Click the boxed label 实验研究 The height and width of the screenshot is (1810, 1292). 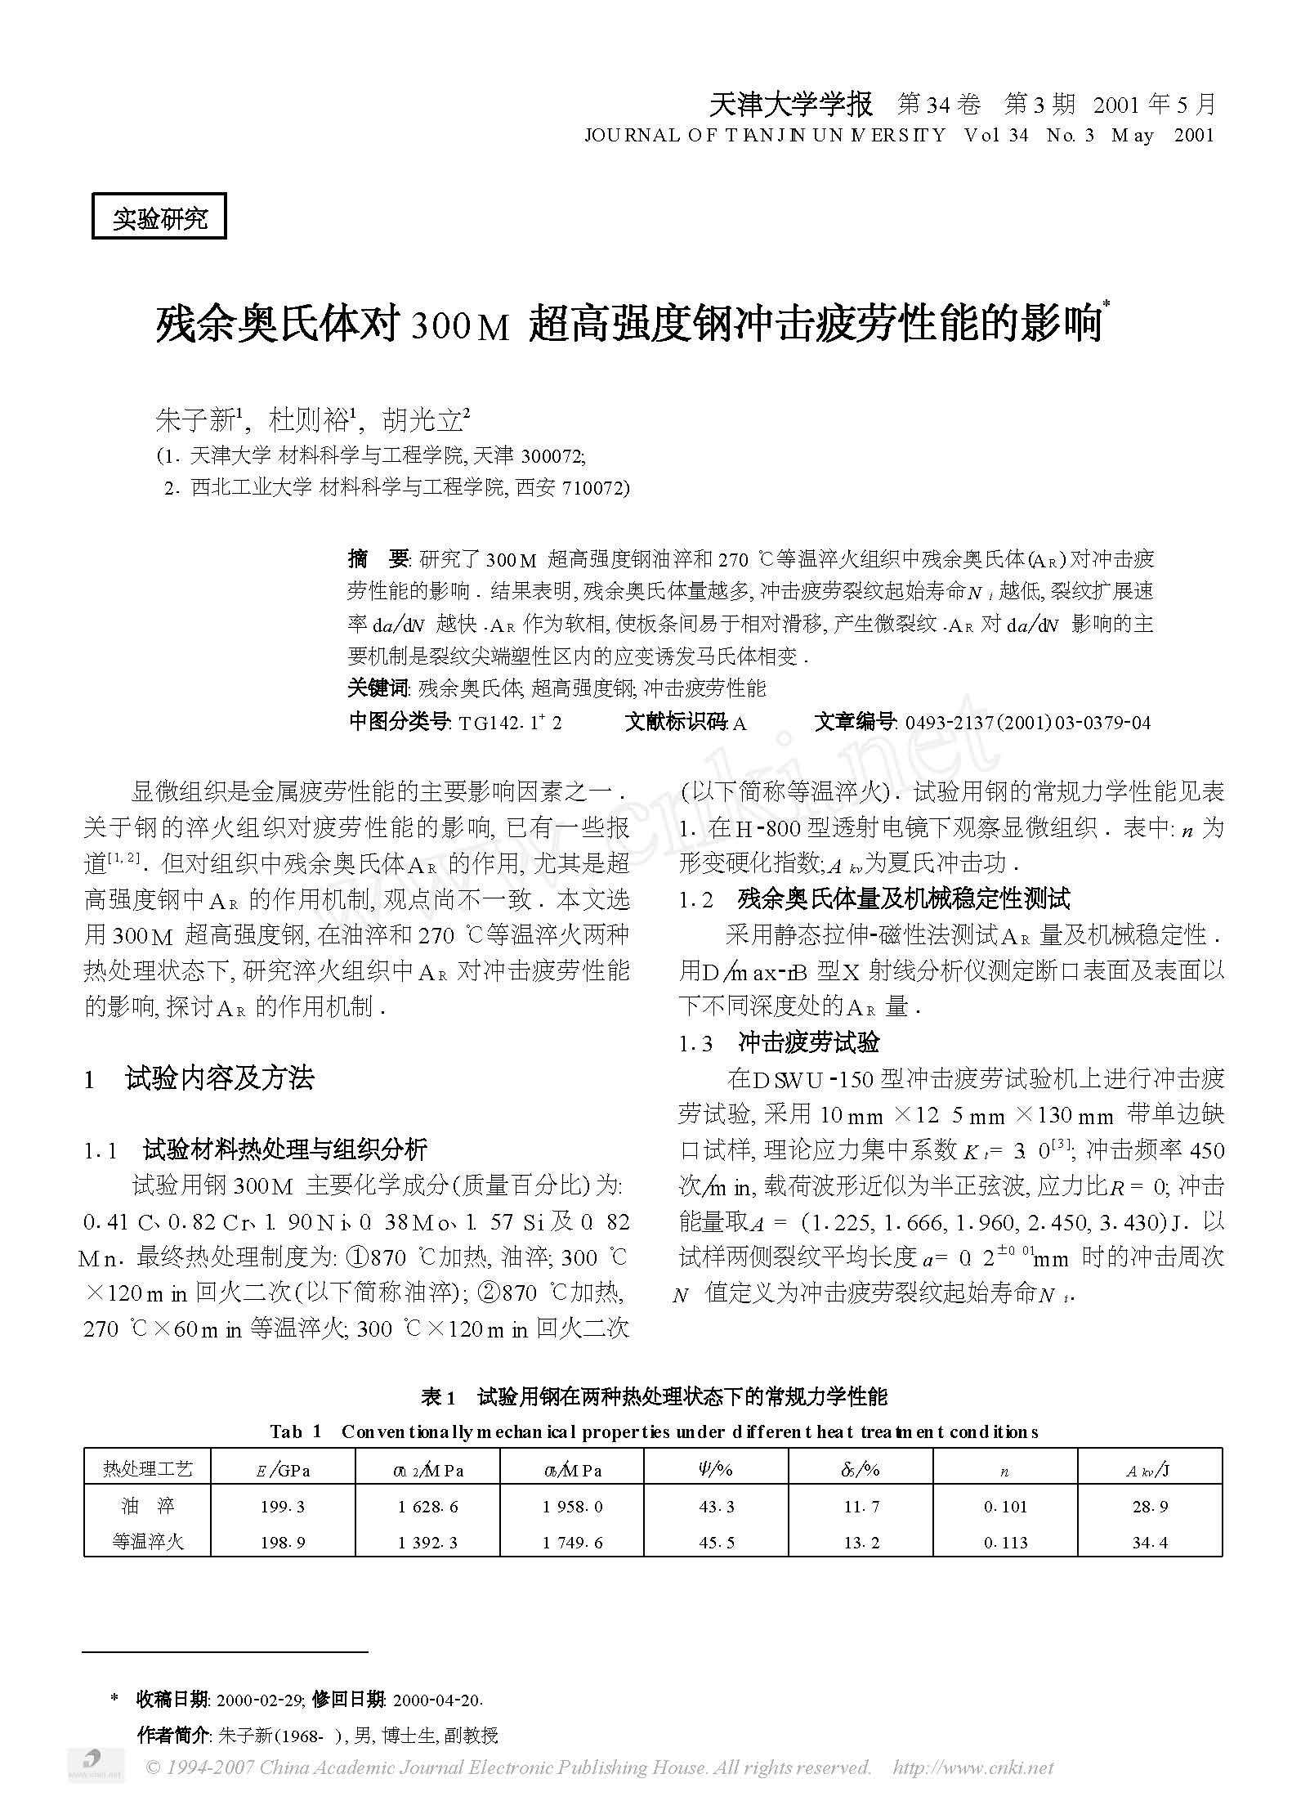159,217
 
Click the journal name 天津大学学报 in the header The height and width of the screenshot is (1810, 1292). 790,104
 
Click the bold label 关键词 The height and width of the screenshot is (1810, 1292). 377,688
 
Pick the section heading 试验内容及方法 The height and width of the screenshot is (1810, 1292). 219,1079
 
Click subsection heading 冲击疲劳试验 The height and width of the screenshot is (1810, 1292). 808,1042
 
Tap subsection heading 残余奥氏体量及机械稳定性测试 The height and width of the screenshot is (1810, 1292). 903,899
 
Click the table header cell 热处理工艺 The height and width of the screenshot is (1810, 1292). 148,1470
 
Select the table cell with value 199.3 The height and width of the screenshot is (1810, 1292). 283,1506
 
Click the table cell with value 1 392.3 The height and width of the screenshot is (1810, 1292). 427,1543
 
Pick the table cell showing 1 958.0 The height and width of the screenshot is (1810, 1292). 572,1506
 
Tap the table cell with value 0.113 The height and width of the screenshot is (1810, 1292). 1005,1543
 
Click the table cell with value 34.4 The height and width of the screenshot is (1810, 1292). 1150,1543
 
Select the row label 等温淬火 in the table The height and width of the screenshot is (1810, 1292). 148,1543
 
